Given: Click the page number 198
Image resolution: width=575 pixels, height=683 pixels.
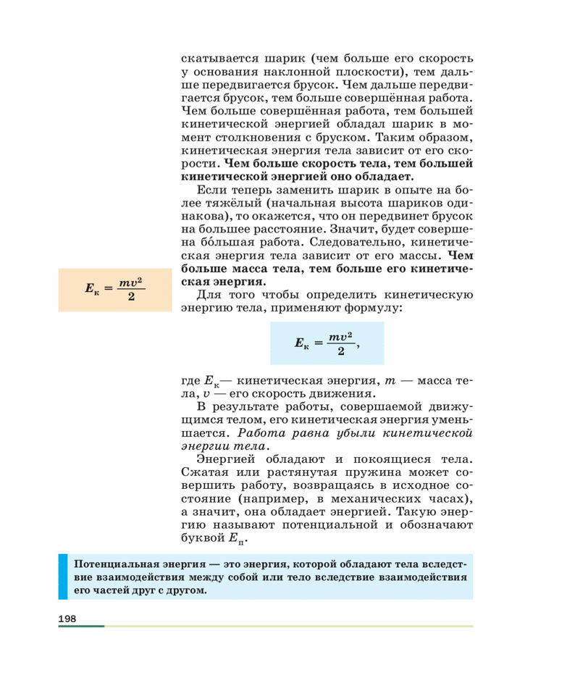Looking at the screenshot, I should [x=67, y=618].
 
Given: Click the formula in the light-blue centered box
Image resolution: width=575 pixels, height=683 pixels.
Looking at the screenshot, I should [x=326, y=343].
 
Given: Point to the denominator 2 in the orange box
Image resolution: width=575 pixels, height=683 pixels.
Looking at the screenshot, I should [x=131, y=297].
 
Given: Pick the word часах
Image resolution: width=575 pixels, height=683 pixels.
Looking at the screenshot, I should [x=446, y=498].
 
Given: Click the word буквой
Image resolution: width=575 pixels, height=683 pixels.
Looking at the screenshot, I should [x=202, y=538].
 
